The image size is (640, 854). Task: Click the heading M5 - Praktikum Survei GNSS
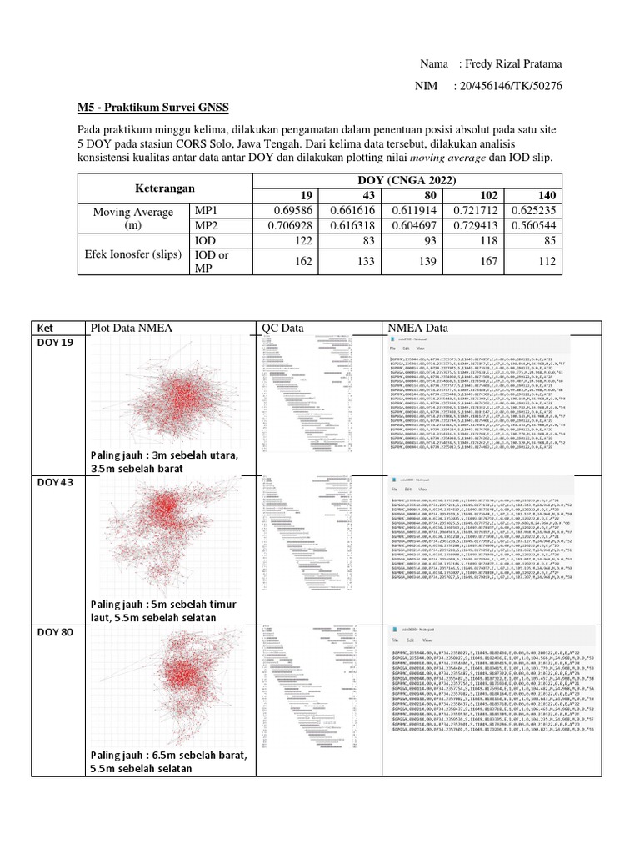tap(152, 108)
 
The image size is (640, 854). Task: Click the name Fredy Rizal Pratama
tap(514, 64)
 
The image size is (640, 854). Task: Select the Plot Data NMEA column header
tap(131, 328)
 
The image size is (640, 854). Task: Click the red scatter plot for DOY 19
tap(171, 392)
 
